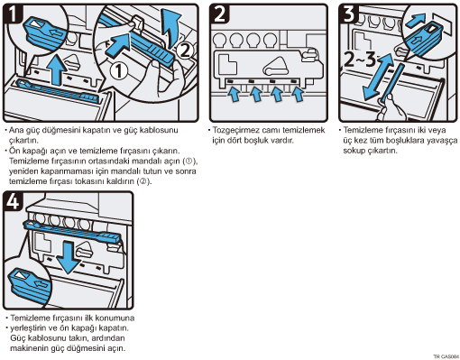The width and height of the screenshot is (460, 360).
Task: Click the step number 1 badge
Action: pyautogui.click(x=12, y=14)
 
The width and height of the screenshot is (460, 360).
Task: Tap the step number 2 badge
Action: pyautogui.click(x=220, y=14)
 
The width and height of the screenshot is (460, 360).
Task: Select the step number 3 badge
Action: pyautogui.click(x=349, y=14)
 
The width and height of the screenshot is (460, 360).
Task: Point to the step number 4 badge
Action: pyautogui.click(x=13, y=200)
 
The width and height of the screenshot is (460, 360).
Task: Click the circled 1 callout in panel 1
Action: pyautogui.click(x=119, y=71)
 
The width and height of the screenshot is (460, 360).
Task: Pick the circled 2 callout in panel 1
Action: pyautogui.click(x=184, y=51)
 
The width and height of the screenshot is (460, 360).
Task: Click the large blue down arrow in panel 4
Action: pyautogui.click(x=69, y=258)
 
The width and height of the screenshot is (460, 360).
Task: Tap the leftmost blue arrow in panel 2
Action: pyautogui.click(x=234, y=94)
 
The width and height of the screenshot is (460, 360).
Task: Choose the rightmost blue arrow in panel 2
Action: pyautogui.click(x=298, y=94)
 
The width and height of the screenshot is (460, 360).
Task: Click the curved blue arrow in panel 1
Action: pyautogui.click(x=170, y=28)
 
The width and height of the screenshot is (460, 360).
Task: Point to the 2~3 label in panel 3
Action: pyautogui.click(x=360, y=59)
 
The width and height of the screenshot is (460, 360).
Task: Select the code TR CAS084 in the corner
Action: pyautogui.click(x=446, y=356)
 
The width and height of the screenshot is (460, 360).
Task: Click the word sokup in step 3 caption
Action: pyautogui.click(x=354, y=151)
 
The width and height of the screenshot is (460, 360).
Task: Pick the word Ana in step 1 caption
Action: pyautogui.click(x=15, y=130)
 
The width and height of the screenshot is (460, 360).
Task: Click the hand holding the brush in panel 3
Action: pyautogui.click(x=390, y=107)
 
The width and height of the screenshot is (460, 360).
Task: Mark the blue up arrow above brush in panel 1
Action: pyautogui.click(x=57, y=70)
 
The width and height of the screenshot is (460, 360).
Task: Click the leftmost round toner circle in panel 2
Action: pyautogui.click(x=219, y=40)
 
